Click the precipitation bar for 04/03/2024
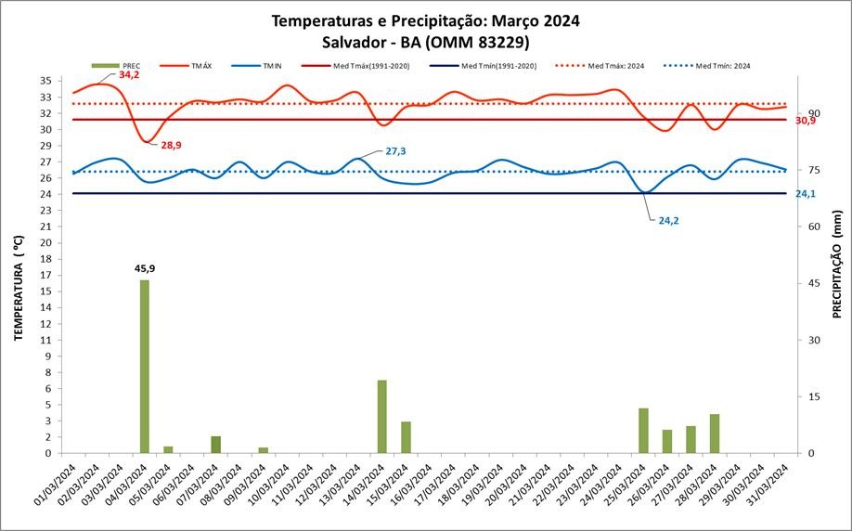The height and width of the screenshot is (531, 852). tap(145, 366)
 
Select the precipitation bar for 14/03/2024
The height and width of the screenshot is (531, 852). tap(381, 416)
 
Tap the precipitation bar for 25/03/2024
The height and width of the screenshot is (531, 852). tap(643, 430)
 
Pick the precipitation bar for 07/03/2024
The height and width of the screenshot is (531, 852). tap(215, 444)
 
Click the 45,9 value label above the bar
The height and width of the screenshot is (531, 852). tap(145, 268)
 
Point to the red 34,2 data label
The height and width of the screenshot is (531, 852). tap(129, 74)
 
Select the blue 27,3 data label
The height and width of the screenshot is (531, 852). tap(395, 150)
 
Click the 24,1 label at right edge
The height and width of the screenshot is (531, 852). tap(806, 194)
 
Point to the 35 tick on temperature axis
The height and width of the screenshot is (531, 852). tap(45, 81)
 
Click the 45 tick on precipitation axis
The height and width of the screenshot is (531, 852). tap(815, 283)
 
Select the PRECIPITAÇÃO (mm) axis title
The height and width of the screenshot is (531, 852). tap(837, 264)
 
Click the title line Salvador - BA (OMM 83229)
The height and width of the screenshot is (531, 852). tap(427, 42)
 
